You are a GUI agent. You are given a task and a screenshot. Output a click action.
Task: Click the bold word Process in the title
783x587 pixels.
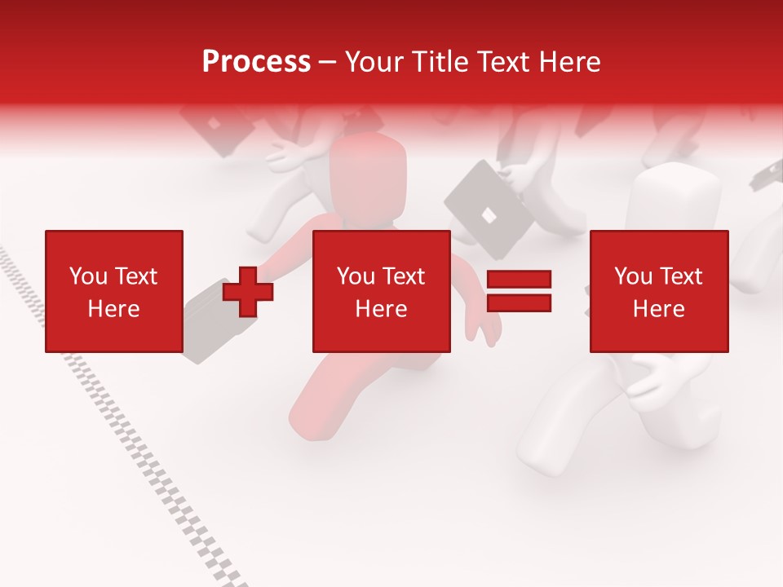tap(256, 62)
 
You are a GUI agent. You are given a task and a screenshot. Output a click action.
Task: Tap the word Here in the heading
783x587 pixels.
tap(567, 62)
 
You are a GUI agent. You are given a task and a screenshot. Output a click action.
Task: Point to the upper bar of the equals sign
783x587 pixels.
tap(519, 280)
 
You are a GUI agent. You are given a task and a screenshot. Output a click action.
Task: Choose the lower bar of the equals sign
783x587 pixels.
tap(519, 302)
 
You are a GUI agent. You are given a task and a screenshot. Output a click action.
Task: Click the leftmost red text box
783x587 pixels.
tap(114, 291)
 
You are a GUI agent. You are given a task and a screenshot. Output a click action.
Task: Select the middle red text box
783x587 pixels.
tap(382, 291)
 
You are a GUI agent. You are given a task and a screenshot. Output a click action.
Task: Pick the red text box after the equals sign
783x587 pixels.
tap(659, 291)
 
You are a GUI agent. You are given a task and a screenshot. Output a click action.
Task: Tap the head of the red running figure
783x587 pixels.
tap(369, 175)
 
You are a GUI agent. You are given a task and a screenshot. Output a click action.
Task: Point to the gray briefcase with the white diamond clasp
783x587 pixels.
tap(489, 208)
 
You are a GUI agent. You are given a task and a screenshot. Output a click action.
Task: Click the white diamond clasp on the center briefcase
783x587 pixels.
tap(488, 215)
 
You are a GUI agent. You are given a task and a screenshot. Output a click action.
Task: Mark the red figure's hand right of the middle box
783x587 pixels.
tap(485, 326)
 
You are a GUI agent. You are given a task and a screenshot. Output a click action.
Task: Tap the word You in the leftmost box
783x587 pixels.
tap(88, 276)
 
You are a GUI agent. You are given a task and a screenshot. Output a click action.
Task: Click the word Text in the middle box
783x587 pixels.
tap(404, 276)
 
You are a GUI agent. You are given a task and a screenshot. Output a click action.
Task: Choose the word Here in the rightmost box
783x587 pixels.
tap(659, 309)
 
